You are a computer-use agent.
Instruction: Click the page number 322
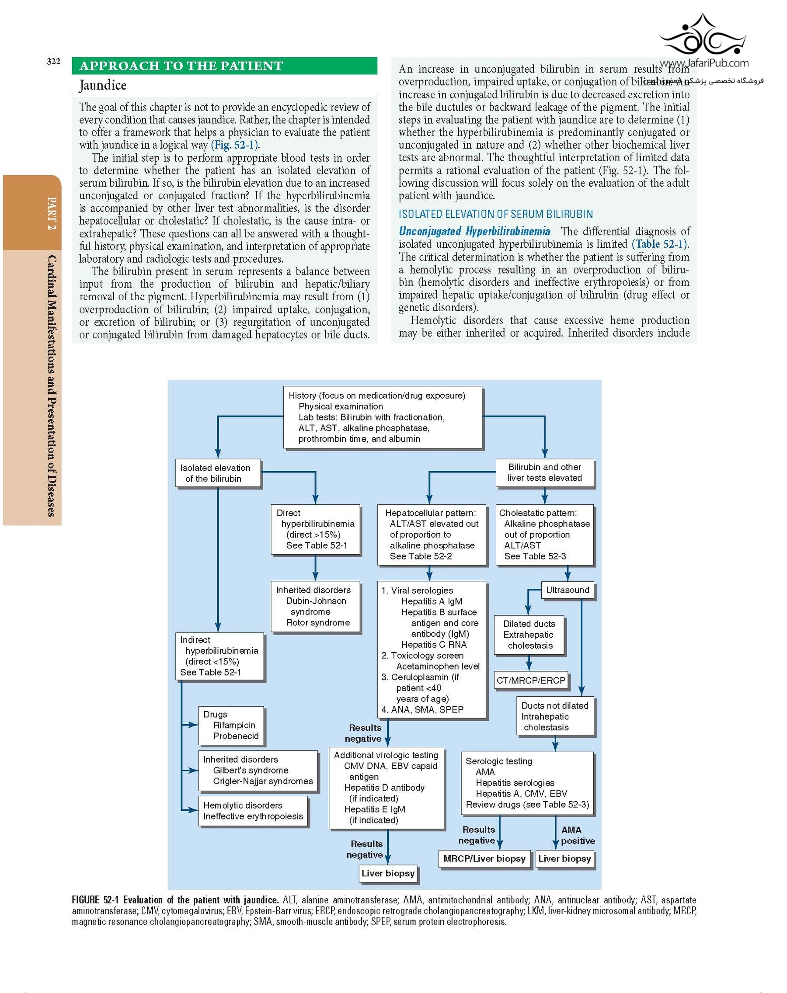click(53, 62)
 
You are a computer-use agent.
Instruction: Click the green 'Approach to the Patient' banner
click(224, 66)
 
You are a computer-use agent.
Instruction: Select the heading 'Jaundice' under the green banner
click(103, 85)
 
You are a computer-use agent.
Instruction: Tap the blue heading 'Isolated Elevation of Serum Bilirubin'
click(495, 214)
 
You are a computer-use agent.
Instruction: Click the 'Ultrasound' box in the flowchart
click(567, 590)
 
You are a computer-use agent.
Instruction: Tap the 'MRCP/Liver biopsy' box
click(484, 858)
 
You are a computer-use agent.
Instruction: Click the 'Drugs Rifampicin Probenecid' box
click(231, 725)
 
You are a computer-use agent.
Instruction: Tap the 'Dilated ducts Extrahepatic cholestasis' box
click(529, 635)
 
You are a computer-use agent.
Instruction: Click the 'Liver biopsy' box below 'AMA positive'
click(564, 858)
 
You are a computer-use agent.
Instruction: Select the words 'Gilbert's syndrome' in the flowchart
click(251, 770)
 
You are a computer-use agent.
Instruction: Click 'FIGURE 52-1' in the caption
click(95, 900)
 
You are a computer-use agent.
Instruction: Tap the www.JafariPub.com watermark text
click(704, 63)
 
